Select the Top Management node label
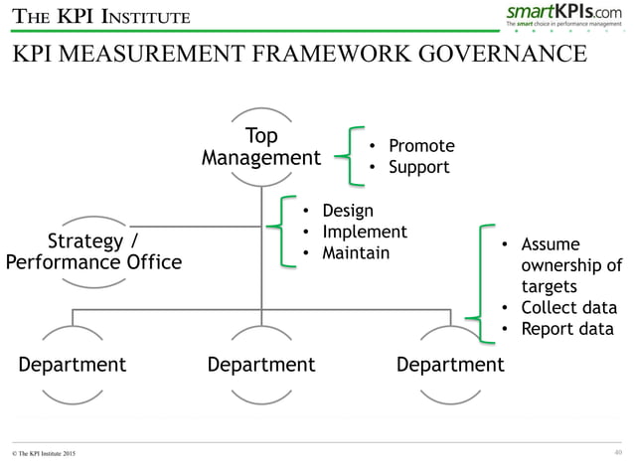coord(261,147)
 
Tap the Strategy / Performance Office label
coord(94,252)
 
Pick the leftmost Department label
coord(73,365)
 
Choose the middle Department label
coord(261,365)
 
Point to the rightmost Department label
coord(450,365)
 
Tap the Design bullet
coord(346,211)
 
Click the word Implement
coord(364,232)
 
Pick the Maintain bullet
coord(356,253)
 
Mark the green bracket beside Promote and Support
coord(350,156)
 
